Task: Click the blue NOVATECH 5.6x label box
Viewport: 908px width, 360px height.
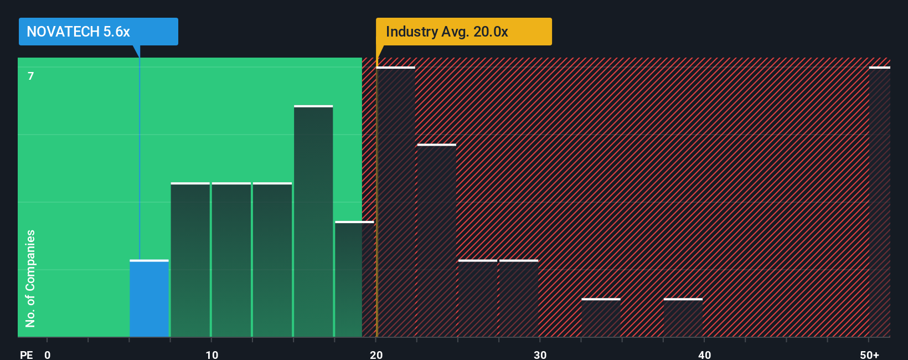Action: point(98,32)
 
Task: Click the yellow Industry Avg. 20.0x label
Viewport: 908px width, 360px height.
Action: point(463,32)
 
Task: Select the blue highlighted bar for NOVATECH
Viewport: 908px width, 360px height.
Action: point(149,299)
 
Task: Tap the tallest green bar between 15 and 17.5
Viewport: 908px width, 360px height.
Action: point(313,222)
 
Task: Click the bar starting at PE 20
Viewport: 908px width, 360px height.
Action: point(395,202)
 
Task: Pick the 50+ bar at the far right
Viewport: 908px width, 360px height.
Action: point(879,202)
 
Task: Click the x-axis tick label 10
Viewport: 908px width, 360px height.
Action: point(211,354)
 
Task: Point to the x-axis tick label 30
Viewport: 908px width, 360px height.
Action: point(540,354)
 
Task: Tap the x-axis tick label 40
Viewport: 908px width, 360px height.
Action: point(704,354)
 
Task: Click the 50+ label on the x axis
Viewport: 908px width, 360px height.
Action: point(869,354)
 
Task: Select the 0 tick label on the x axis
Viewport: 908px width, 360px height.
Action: point(48,354)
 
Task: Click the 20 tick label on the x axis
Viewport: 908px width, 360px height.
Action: point(376,354)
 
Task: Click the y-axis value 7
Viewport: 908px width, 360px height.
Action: point(31,76)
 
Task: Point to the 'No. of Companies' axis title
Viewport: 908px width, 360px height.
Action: point(30,278)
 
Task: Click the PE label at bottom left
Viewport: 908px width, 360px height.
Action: point(26,354)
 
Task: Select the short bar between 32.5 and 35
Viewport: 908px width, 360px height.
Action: point(601,318)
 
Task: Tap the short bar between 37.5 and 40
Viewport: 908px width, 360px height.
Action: point(683,318)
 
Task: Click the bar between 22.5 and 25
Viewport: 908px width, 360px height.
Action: point(436,241)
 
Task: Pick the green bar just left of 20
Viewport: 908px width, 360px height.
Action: point(354,280)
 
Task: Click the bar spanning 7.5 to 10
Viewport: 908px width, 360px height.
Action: point(190,260)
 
